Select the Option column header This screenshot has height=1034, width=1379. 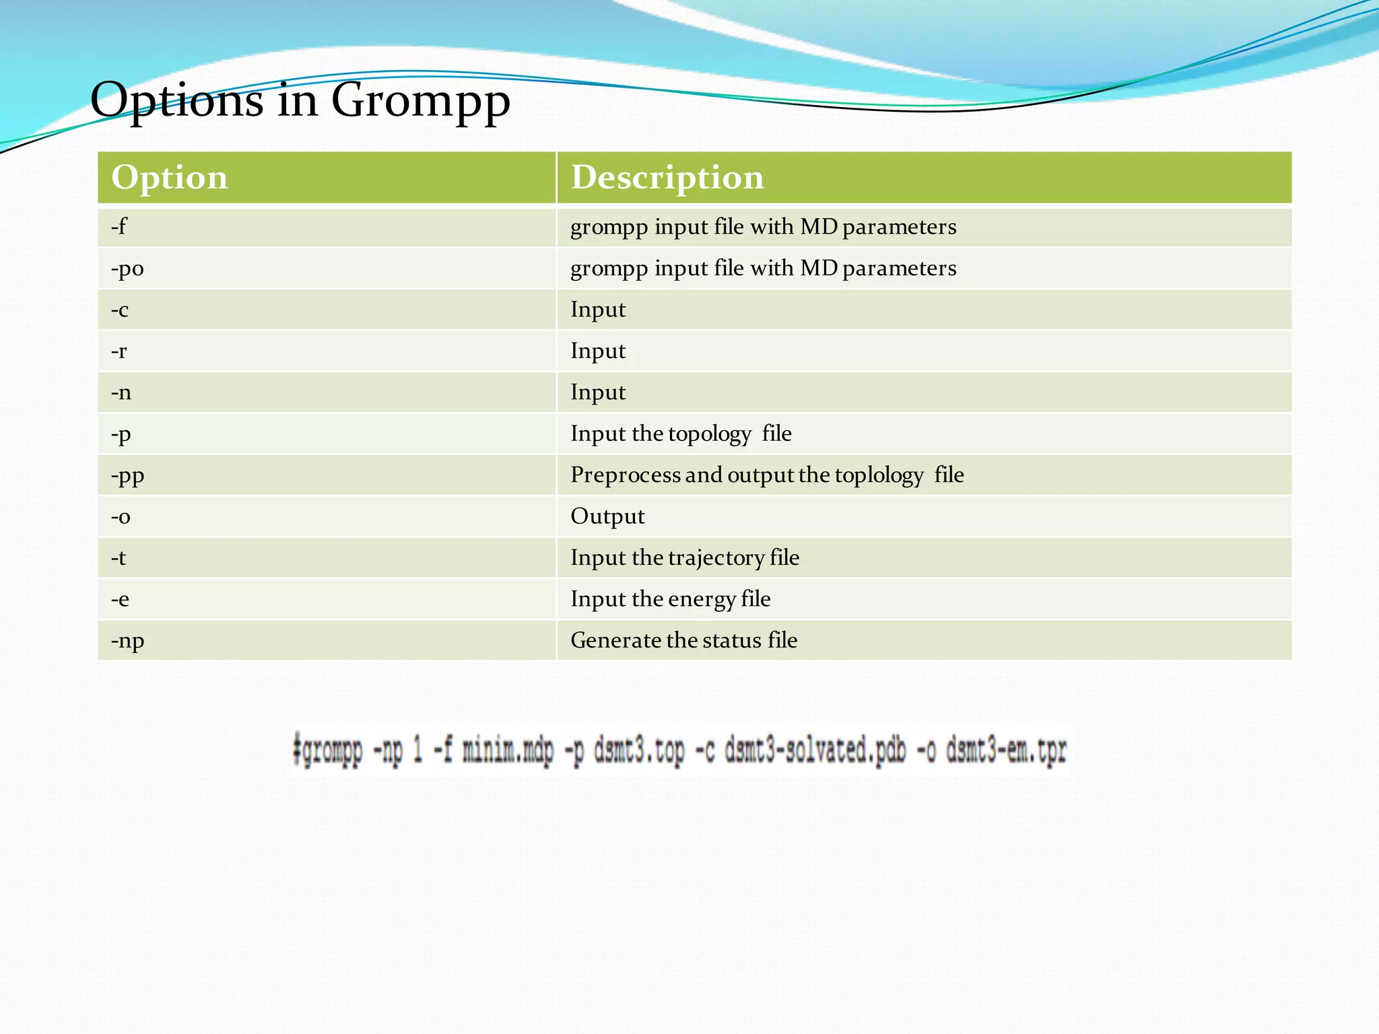(x=170, y=178)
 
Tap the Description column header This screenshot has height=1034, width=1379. (x=667, y=178)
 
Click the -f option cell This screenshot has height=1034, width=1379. (x=119, y=227)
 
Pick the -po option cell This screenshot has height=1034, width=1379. (x=127, y=269)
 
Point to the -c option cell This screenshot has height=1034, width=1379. (x=120, y=310)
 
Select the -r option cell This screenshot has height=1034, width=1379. (x=119, y=351)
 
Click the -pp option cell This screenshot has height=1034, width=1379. (x=127, y=475)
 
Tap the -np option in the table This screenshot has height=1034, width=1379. (x=127, y=640)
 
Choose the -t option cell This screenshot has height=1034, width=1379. (x=119, y=557)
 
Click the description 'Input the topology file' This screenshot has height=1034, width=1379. (x=681, y=434)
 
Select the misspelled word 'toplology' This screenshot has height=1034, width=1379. (x=879, y=475)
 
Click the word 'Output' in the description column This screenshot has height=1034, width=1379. (x=607, y=516)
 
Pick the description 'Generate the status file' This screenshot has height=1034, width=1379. (x=683, y=640)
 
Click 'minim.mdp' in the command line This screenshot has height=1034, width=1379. (x=508, y=751)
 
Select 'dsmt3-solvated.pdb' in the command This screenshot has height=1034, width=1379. (x=815, y=751)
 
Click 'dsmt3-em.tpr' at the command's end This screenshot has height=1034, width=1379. (x=1006, y=751)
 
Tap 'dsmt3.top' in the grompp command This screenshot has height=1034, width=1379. (x=639, y=751)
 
